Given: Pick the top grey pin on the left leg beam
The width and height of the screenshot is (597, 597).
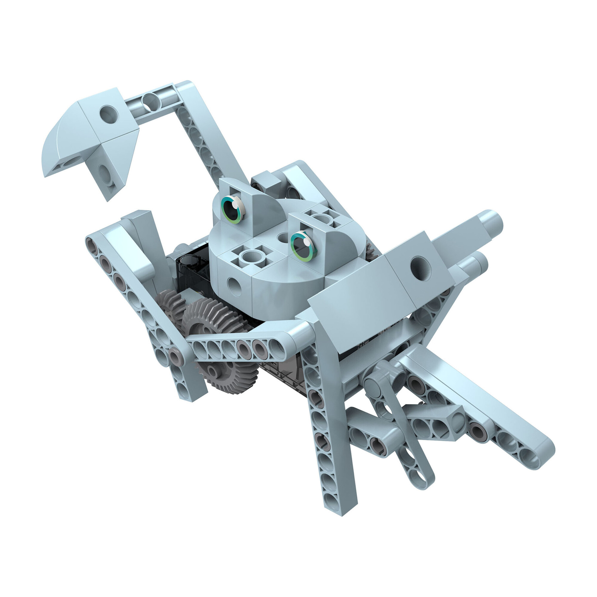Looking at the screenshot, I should point(91,246).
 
